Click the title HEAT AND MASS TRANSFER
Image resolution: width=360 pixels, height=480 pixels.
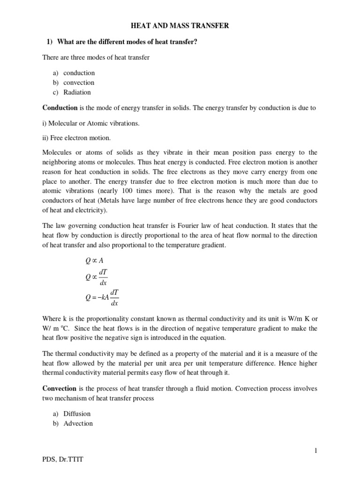(x=180, y=26)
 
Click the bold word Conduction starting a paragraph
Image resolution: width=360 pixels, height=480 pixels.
(x=60, y=108)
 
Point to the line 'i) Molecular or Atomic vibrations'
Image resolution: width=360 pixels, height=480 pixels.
(x=91, y=123)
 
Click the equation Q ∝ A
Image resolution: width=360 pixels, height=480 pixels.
(x=93, y=262)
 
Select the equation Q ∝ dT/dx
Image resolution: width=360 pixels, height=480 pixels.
(x=97, y=277)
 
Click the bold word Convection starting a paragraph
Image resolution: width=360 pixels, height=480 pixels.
(x=60, y=389)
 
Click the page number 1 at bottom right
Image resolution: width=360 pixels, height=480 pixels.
(x=315, y=451)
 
